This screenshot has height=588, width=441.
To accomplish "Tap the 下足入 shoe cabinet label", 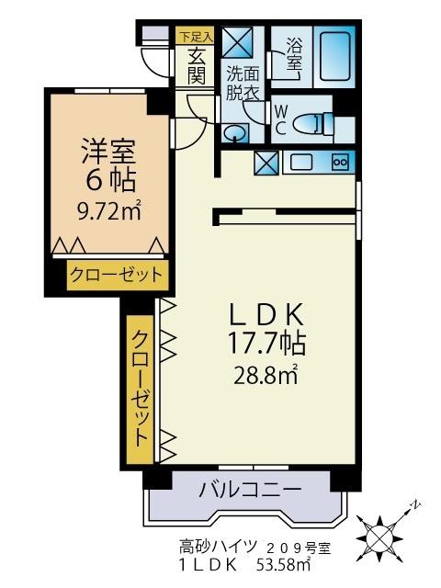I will tap(195, 37).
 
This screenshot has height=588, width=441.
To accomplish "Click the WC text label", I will tap(280, 119).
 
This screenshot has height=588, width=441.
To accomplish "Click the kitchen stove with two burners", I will tap(339, 163).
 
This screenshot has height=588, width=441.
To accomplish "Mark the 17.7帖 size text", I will tap(266, 345).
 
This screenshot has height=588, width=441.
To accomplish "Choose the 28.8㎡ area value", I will tap(266, 375).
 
